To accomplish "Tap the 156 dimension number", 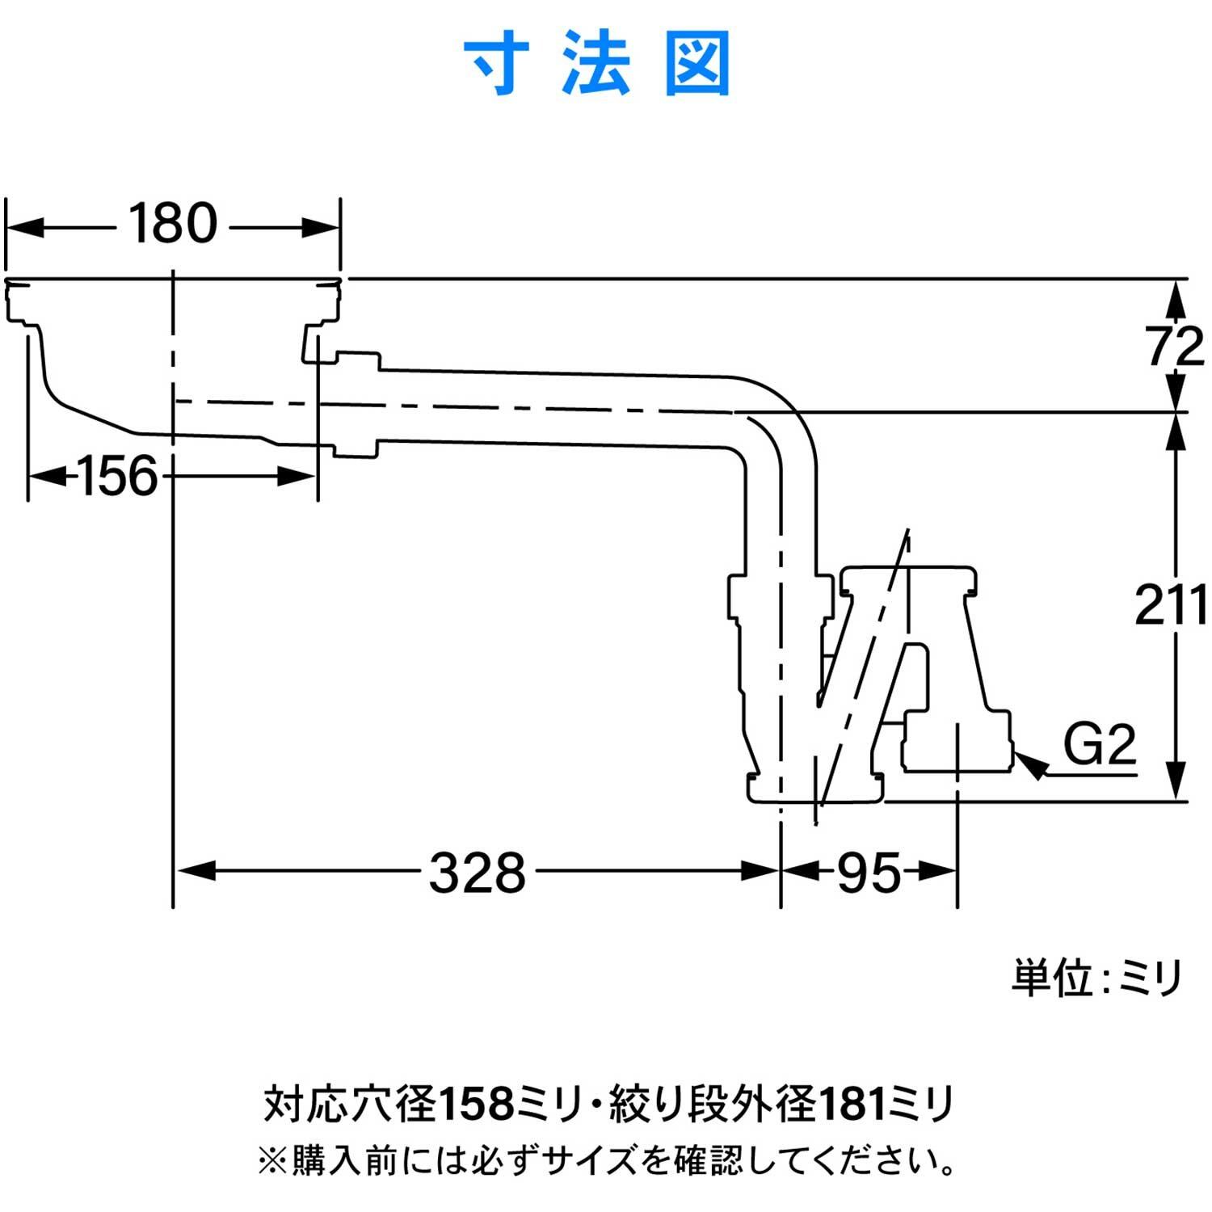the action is (117, 476).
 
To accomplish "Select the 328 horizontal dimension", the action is (477, 873).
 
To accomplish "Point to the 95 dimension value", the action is (869, 873).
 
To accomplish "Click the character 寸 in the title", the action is (497, 63).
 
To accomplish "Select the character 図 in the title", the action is (697, 63).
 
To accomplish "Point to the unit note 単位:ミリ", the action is (1096, 978).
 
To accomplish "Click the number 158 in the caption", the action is (477, 1104).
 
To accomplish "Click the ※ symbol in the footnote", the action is (272, 1162).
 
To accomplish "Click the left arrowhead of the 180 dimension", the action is (24, 228).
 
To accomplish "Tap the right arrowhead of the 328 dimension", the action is (760, 871).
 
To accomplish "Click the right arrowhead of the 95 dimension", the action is (938, 871).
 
